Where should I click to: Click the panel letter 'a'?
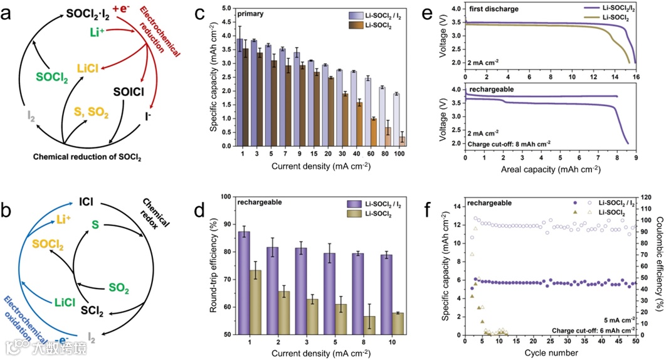11,13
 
